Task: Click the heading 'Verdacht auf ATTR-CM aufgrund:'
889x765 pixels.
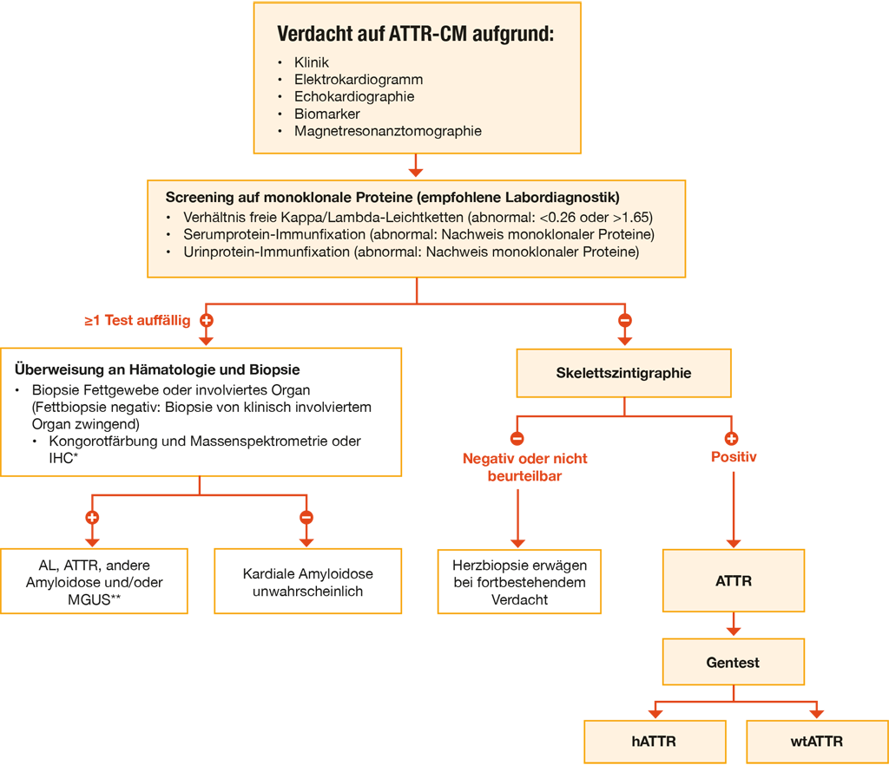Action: pyautogui.click(x=416, y=34)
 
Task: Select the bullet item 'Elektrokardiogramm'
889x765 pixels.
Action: pyautogui.click(x=359, y=79)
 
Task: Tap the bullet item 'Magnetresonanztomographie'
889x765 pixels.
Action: pyautogui.click(x=388, y=131)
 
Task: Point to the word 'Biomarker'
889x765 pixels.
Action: pyautogui.click(x=327, y=114)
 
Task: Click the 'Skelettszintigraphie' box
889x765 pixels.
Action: pyautogui.click(x=623, y=373)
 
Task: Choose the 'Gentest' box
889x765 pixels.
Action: pyautogui.click(x=733, y=662)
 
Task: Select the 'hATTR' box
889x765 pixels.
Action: pyautogui.click(x=655, y=742)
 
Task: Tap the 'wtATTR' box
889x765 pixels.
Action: pyautogui.click(x=817, y=742)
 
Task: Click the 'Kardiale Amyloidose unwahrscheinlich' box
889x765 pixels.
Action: pyautogui.click(x=308, y=581)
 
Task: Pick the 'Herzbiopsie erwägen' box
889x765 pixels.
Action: pyautogui.click(x=519, y=581)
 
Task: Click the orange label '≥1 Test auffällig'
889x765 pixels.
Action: pyautogui.click(x=137, y=321)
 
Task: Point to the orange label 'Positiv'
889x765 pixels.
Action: pyautogui.click(x=734, y=457)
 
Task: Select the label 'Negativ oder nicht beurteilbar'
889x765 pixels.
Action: pyautogui.click(x=525, y=467)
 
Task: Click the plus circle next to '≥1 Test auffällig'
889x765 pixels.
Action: pyautogui.click(x=207, y=321)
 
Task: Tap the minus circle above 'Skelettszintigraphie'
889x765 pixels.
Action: pyautogui.click(x=625, y=321)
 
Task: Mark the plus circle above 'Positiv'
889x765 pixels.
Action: pyautogui.click(x=731, y=438)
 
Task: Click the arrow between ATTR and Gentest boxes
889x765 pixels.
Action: pyautogui.click(x=734, y=624)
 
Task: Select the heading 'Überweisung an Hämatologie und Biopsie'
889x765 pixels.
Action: pyautogui.click(x=157, y=369)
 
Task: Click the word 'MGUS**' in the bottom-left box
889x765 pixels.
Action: pyautogui.click(x=94, y=599)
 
